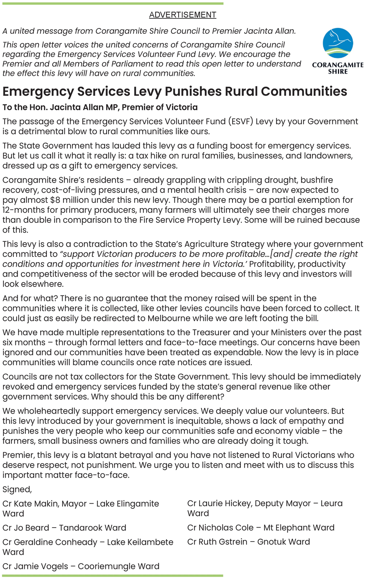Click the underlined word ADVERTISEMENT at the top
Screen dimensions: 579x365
182,15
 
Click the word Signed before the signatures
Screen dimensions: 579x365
17,489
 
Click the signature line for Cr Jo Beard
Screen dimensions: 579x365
64,528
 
